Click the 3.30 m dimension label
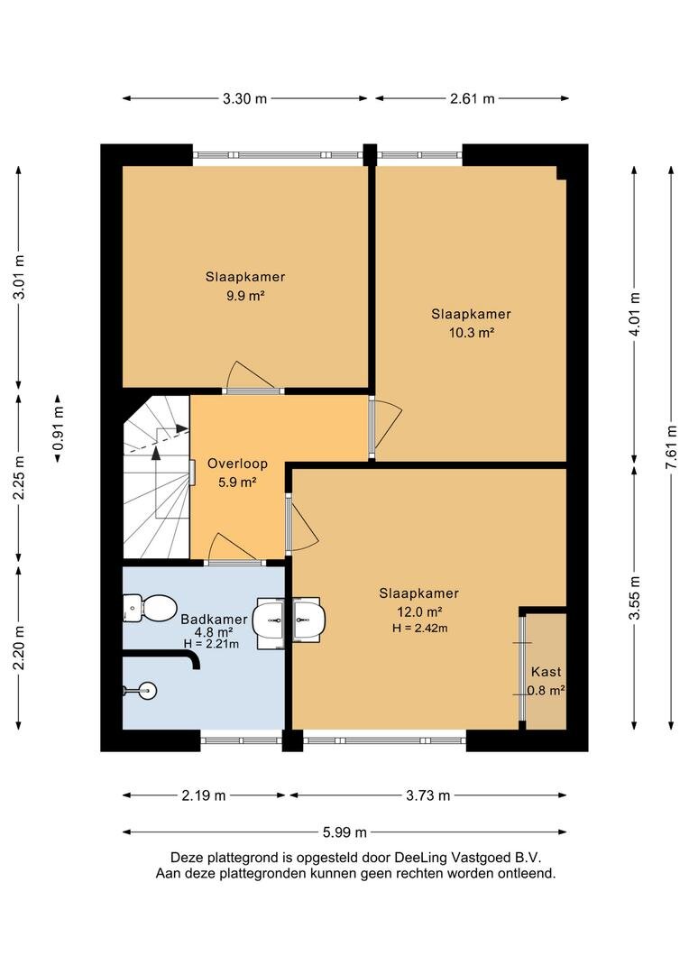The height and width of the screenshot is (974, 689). coord(244,98)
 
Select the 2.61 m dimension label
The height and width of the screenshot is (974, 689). coord(473,98)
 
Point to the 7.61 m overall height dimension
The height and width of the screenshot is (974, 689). coord(671,448)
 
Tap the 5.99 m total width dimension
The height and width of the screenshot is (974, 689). coord(344,832)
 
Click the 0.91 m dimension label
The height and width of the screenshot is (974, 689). coord(58,428)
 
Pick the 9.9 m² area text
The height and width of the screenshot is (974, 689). coord(245,296)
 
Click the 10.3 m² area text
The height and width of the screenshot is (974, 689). coord(472,332)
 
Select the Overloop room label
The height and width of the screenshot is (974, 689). coord(237,464)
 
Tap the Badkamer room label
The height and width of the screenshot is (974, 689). coord(214,620)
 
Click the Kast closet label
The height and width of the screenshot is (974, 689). coord(547,672)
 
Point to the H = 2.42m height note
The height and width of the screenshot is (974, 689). coord(420,628)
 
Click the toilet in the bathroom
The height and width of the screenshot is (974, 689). coord(150,608)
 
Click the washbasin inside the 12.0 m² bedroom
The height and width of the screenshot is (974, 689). coord(308,618)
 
